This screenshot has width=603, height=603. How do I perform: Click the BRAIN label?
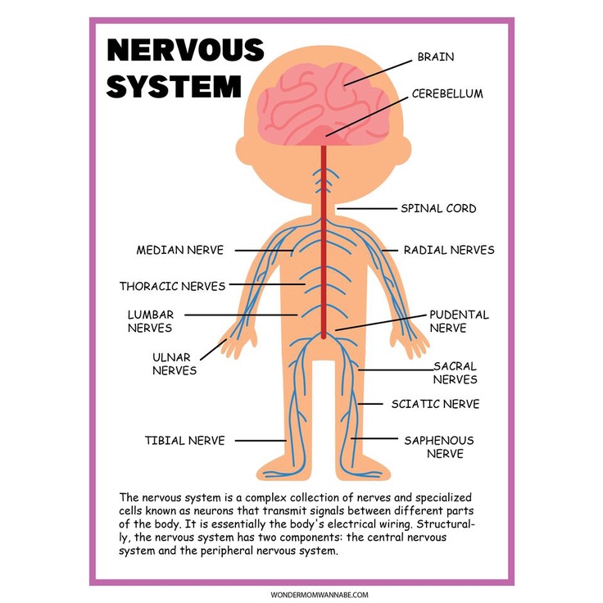[x=435, y=57]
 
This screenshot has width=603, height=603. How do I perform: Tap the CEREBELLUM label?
[x=447, y=93]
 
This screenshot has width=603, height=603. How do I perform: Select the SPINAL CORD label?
[x=438, y=208]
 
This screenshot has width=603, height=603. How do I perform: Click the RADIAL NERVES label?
[x=449, y=250]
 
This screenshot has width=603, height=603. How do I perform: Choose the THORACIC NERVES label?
[x=172, y=286]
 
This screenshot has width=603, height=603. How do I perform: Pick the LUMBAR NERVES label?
[x=150, y=321]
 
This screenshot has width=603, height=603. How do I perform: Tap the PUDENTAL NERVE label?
[x=459, y=321]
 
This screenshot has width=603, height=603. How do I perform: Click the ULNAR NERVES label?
[x=175, y=364]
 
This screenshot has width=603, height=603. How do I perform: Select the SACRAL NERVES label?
[x=455, y=373]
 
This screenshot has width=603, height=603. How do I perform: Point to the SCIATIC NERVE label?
[x=435, y=404]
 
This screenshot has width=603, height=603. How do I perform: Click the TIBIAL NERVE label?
[x=184, y=441]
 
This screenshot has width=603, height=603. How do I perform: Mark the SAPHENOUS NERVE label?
[x=438, y=447]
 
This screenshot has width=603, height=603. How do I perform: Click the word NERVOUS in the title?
[x=185, y=50]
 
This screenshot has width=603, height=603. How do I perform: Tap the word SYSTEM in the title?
[x=174, y=85]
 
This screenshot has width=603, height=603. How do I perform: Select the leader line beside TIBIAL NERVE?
[x=260, y=441]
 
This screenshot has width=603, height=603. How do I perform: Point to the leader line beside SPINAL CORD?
[x=364, y=209]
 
